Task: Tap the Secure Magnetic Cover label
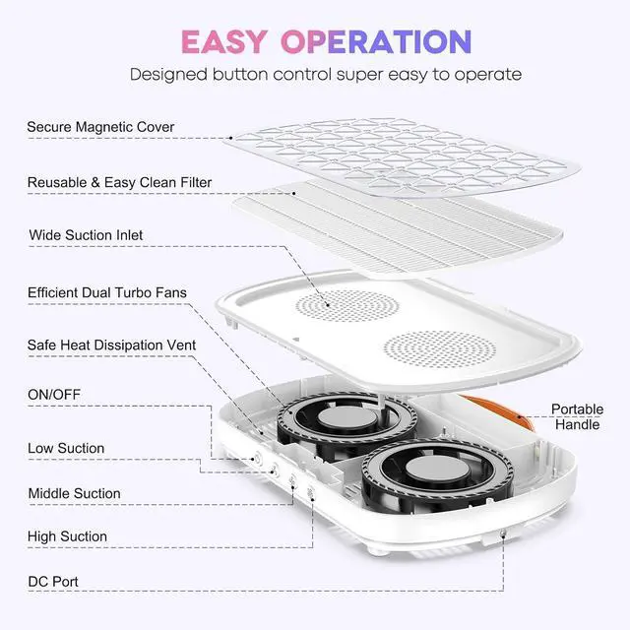click(100, 127)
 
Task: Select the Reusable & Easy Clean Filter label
click(119, 182)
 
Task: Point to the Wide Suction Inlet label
click(86, 235)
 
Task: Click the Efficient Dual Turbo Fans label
click(107, 292)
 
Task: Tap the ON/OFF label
click(54, 395)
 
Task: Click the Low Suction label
click(66, 448)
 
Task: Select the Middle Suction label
click(74, 493)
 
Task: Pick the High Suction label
click(67, 536)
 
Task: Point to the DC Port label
click(52, 582)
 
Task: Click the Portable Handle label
click(577, 416)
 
